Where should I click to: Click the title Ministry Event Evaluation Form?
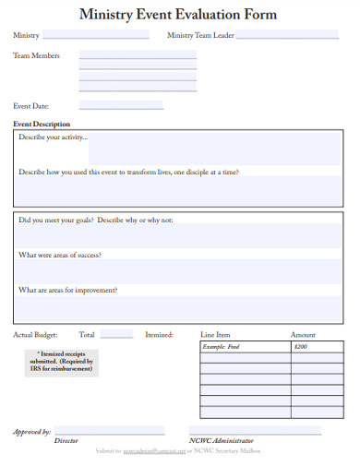(178, 15)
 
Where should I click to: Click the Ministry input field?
(95, 35)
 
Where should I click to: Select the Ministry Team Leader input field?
(287, 35)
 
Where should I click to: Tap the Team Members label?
(36, 56)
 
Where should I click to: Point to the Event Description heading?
(42, 124)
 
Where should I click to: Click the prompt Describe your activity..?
(54, 137)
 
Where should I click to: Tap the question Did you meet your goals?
(96, 221)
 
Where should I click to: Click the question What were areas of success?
(60, 255)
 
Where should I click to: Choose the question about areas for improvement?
(68, 290)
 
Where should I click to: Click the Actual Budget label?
(36, 335)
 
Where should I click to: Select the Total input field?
(116, 335)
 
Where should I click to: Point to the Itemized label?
(159, 335)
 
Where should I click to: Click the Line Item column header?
(215, 335)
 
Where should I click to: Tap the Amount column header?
(303, 335)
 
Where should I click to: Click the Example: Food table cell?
(245, 348)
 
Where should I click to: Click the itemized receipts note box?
(65, 361)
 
